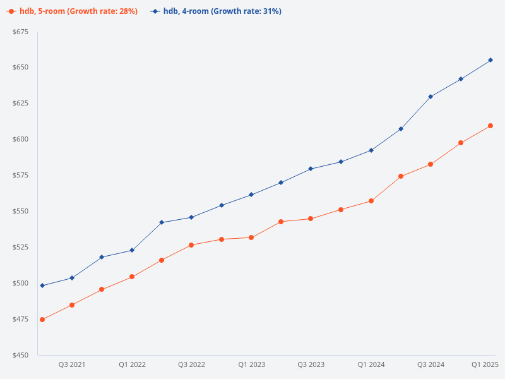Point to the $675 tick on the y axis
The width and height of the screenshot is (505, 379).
(20, 32)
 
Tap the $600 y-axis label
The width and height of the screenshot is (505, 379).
(20, 139)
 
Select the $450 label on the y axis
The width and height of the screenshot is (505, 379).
(20, 355)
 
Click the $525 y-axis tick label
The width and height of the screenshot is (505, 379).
(20, 247)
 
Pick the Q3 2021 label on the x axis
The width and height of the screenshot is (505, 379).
(72, 364)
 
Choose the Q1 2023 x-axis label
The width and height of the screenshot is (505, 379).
(251, 364)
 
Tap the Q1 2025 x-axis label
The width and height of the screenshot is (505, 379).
(485, 364)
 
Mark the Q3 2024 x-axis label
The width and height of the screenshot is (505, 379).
(431, 364)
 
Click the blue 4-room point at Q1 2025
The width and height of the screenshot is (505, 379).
(490, 60)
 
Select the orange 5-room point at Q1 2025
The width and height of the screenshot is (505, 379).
(490, 126)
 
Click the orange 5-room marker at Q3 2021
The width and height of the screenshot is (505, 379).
(72, 305)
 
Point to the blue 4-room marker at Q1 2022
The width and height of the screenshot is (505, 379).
(132, 250)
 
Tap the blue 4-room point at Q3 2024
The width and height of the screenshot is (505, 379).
(431, 97)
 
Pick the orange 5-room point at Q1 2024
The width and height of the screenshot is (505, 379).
(371, 201)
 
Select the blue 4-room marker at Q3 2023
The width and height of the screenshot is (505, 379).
(311, 169)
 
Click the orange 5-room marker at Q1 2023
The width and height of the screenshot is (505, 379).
(251, 238)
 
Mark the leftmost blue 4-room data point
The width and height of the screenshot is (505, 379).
(42, 286)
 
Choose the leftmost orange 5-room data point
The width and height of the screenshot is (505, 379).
(42, 320)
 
